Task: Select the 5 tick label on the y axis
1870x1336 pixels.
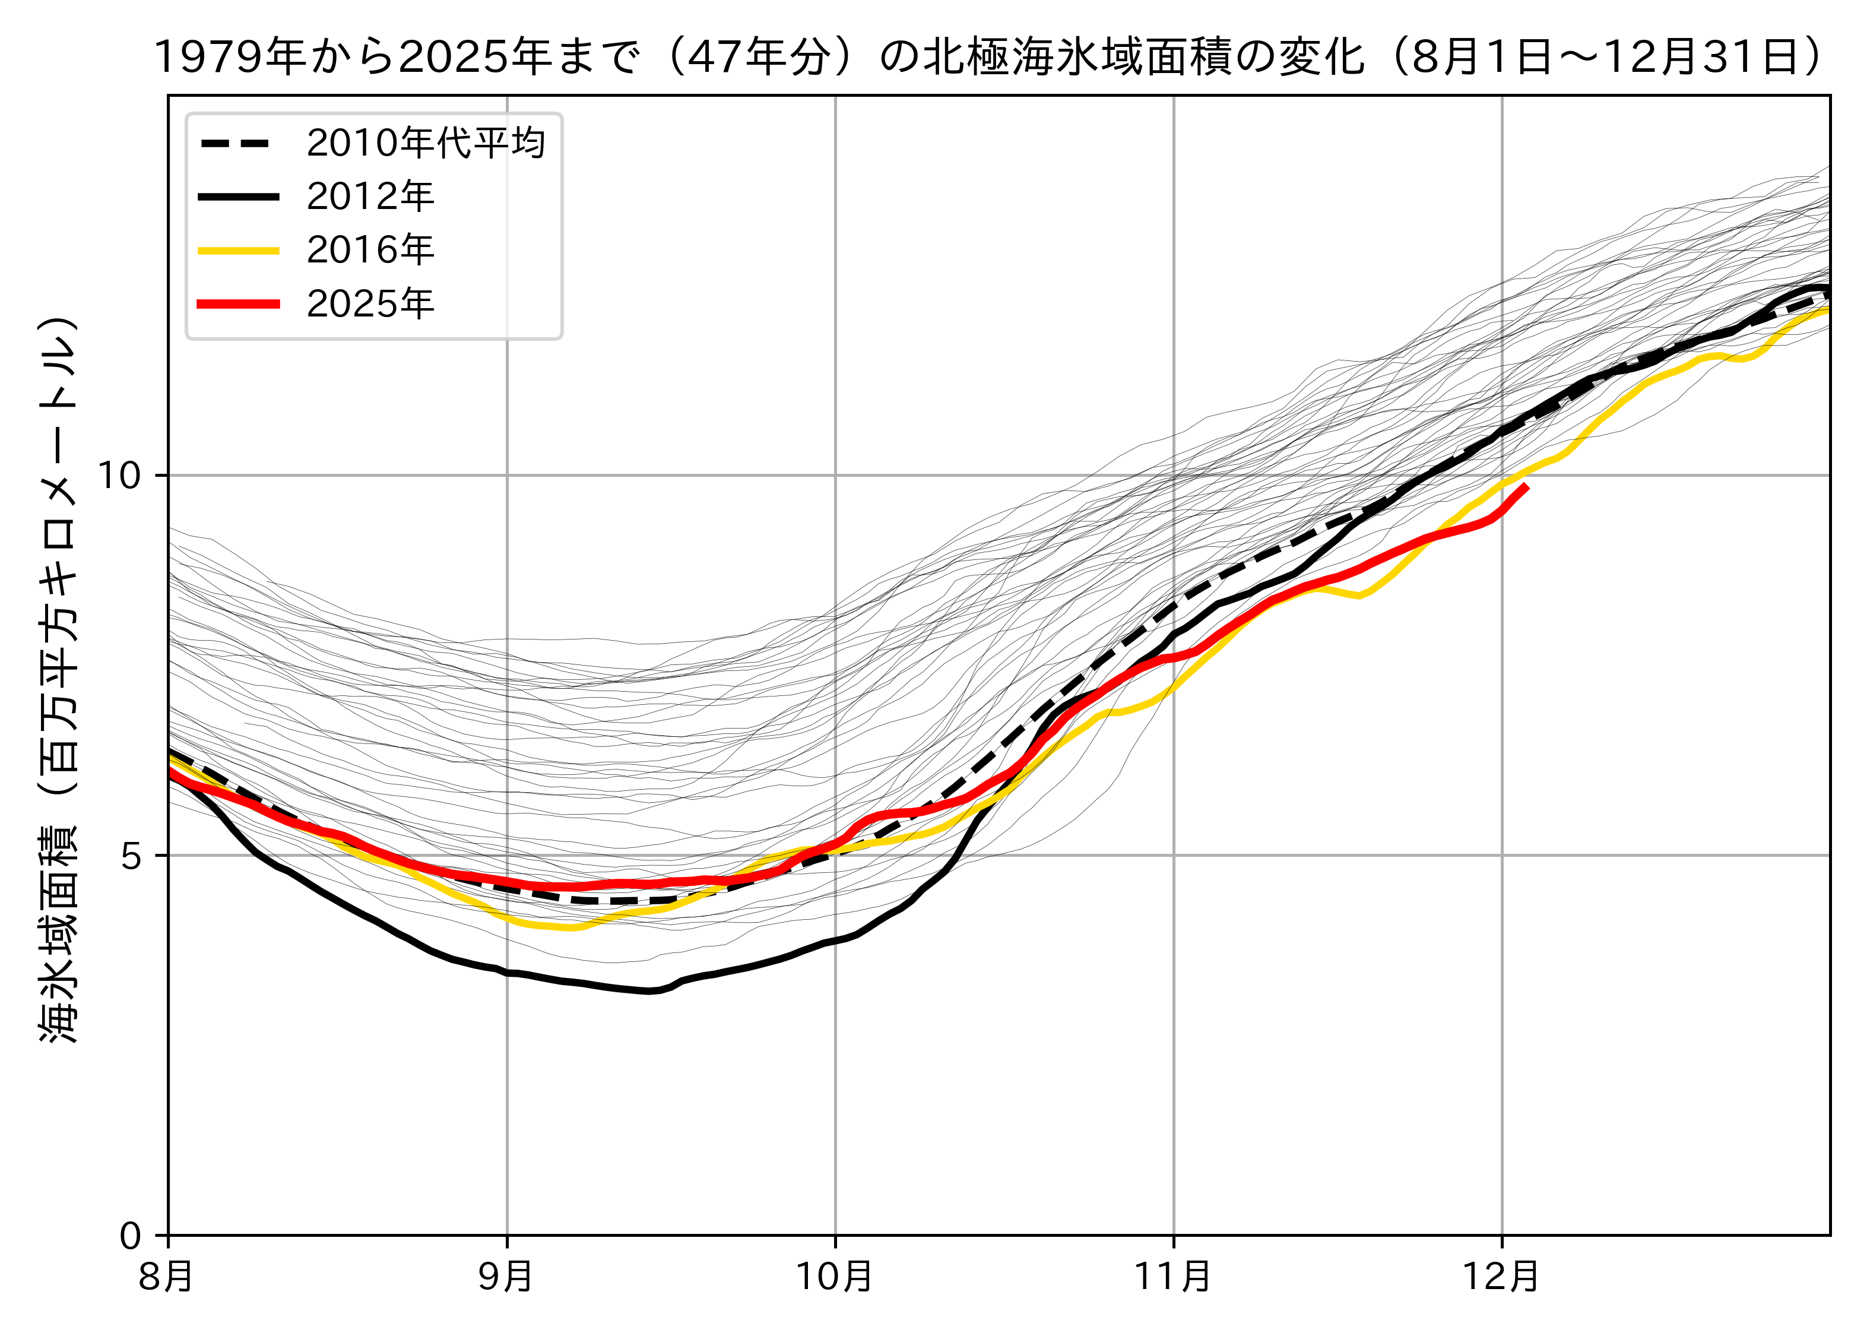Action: (132, 856)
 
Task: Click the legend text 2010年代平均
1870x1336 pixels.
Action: (425, 143)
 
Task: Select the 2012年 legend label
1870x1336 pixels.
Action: (370, 197)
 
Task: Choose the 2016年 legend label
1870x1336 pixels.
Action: (370, 250)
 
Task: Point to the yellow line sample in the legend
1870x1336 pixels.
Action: (239, 250)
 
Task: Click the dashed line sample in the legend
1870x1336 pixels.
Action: (239, 143)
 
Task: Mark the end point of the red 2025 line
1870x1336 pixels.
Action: (1526, 486)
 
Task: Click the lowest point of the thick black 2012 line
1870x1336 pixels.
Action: (649, 991)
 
